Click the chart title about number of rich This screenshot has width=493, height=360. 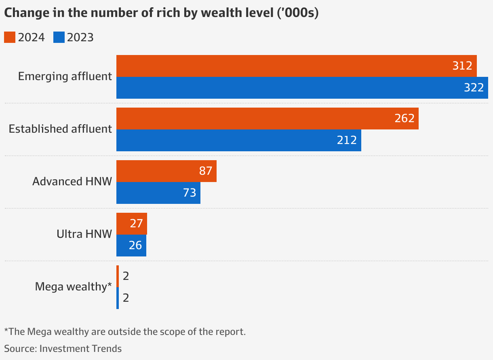[x=161, y=13]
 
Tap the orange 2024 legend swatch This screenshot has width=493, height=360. [x=10, y=37]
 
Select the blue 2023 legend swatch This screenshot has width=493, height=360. [x=59, y=37]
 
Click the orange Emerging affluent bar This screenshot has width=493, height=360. [x=283, y=66]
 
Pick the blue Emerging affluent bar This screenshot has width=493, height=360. [x=283, y=88]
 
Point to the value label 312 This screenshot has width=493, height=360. [x=462, y=66]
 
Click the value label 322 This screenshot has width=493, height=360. [x=474, y=88]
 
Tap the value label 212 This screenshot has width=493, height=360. [x=347, y=140]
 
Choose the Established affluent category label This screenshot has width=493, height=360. [x=60, y=129]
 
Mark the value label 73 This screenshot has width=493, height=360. [x=190, y=193]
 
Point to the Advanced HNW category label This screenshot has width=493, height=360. [x=72, y=182]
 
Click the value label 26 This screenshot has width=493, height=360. [x=135, y=246]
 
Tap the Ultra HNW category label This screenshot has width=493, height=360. [x=84, y=234]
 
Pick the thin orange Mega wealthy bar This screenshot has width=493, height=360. [x=118, y=276]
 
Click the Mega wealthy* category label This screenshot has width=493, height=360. [x=73, y=287]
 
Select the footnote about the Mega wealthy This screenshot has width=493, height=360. [x=125, y=332]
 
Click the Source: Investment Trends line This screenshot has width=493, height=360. [x=63, y=348]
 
